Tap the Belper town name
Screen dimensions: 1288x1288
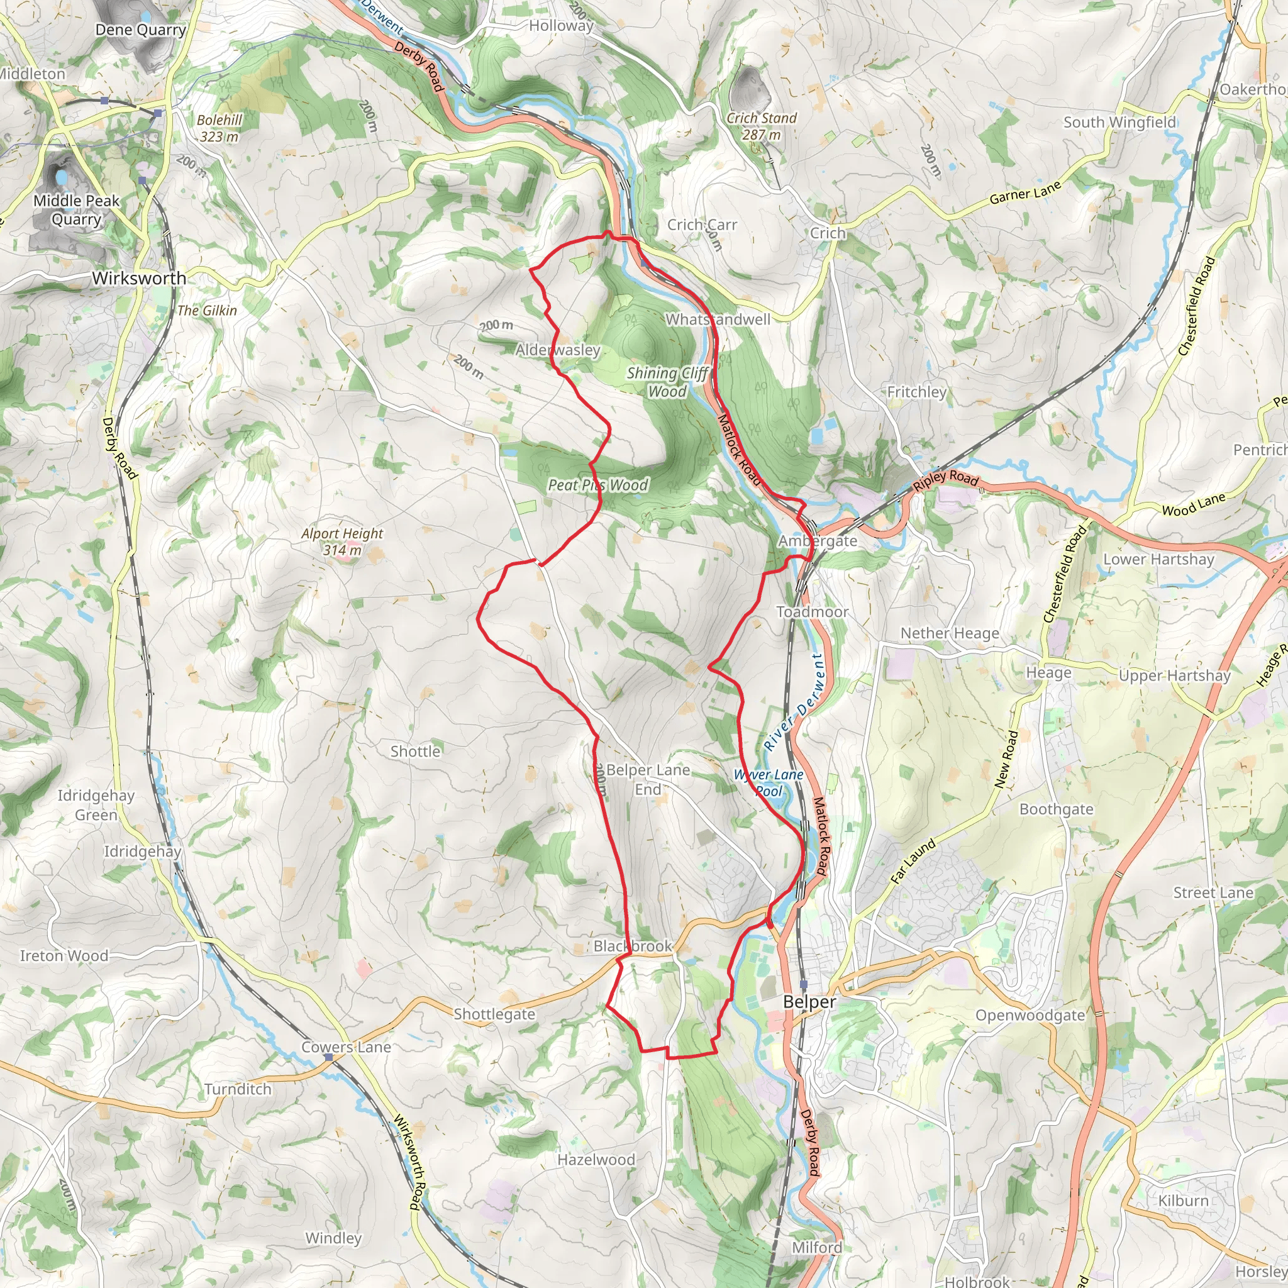click(809, 1002)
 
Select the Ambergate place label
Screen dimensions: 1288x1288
click(818, 541)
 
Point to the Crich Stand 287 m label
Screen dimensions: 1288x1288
click(762, 126)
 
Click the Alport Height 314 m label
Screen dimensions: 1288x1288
click(342, 541)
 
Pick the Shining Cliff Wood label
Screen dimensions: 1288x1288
click(667, 382)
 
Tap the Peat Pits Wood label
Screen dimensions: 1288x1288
click(597, 485)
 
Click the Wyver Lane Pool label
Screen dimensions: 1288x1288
click(769, 782)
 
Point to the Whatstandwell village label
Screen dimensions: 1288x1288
click(718, 319)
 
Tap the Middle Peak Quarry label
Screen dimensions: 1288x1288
click(76, 210)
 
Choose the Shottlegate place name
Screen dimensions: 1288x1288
click(494, 1014)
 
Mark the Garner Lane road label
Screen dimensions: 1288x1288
click(1024, 193)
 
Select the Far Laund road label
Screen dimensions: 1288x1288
click(913, 862)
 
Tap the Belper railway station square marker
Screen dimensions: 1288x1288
click(803, 985)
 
